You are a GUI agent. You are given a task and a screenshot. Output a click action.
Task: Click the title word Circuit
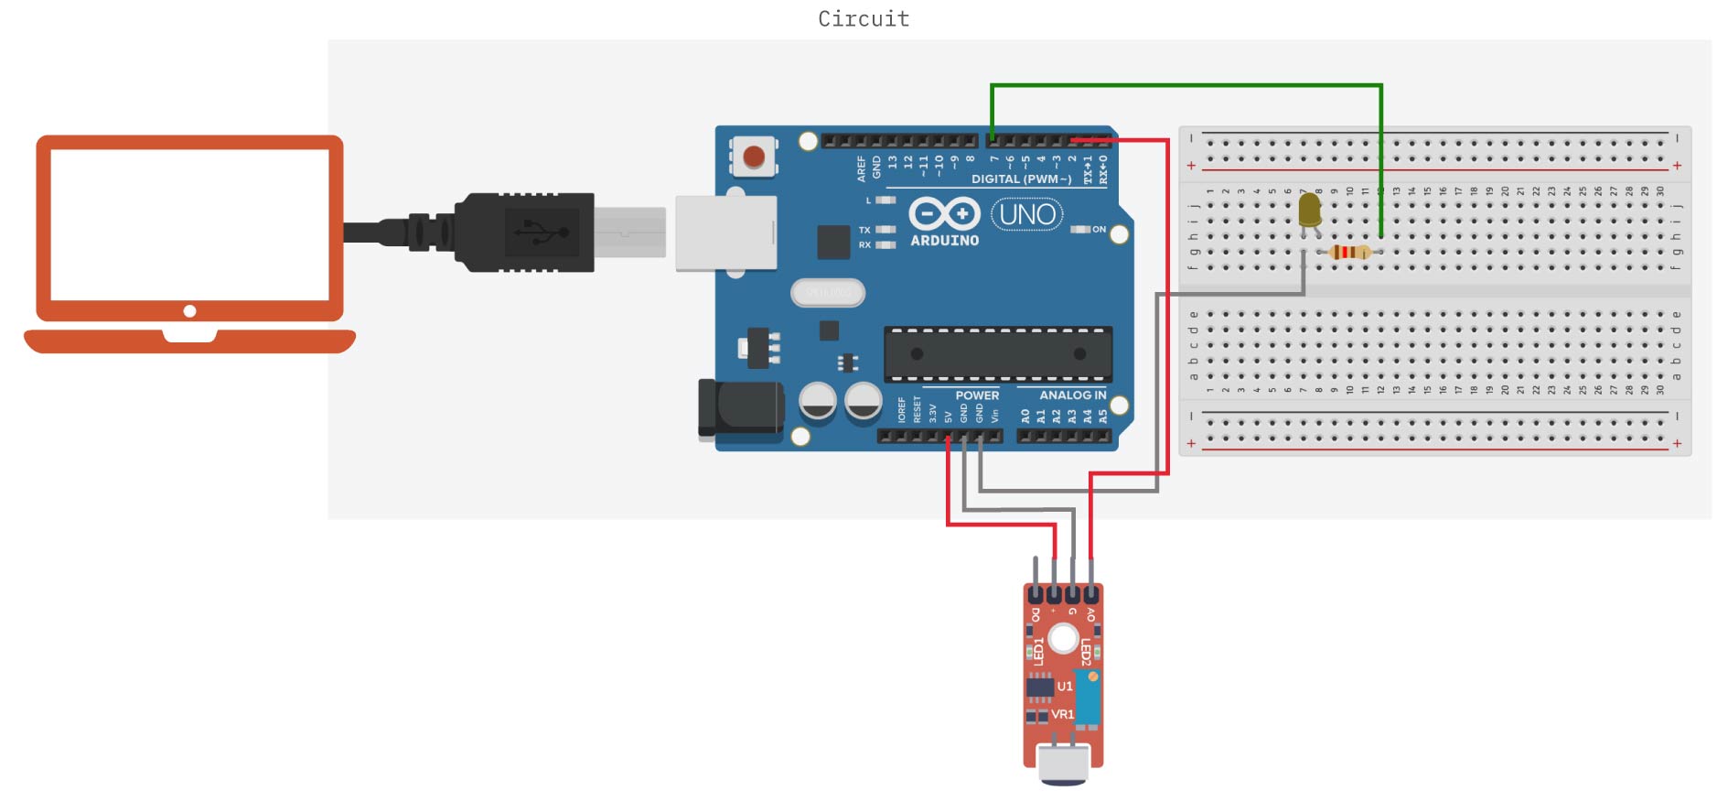pyautogui.click(x=864, y=19)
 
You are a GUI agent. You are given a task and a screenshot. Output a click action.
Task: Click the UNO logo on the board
pyautogui.click(x=1027, y=214)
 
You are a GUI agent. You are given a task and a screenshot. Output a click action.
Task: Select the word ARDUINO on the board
pyautogui.click(x=944, y=241)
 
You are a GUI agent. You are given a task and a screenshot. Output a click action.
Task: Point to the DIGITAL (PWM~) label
pyautogui.click(x=1021, y=179)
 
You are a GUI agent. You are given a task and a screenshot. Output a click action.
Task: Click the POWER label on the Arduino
pyautogui.click(x=977, y=395)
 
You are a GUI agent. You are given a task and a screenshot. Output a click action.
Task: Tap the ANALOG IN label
pyautogui.click(x=1072, y=395)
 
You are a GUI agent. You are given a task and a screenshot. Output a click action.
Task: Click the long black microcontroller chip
pyautogui.click(x=998, y=354)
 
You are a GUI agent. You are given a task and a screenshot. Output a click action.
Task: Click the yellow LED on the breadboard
pyautogui.click(x=1309, y=210)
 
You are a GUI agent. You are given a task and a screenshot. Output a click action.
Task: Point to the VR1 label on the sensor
pyautogui.click(x=1062, y=714)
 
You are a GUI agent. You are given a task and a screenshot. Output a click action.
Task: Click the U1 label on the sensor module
pyautogui.click(x=1065, y=686)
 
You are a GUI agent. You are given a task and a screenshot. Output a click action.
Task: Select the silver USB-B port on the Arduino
pyautogui.click(x=725, y=233)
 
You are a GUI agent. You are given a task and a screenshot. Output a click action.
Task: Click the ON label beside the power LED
pyautogui.click(x=1099, y=230)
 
